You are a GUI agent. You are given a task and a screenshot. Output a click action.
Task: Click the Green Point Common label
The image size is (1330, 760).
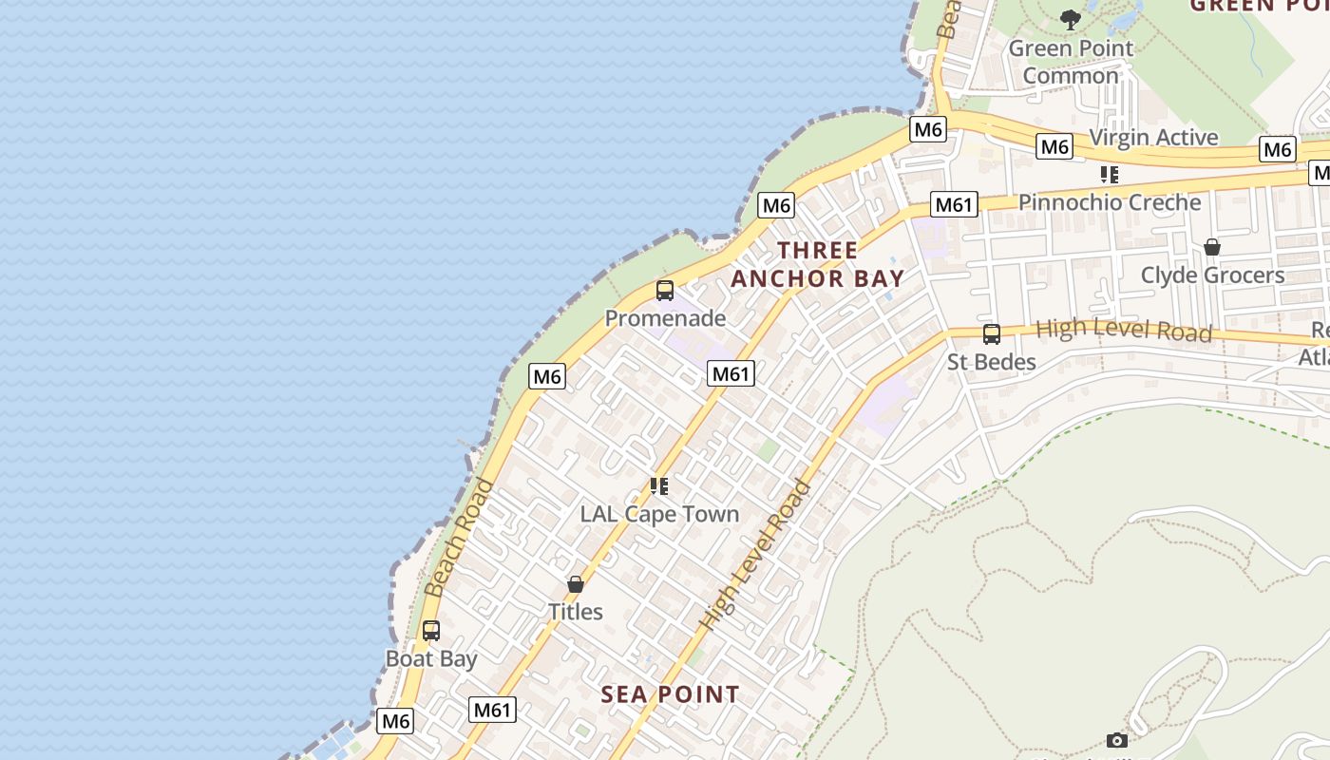coord(1071,62)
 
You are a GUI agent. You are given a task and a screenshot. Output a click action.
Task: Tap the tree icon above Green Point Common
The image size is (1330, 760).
coord(1071,19)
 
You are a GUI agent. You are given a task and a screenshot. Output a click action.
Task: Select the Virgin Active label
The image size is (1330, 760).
coord(1153,138)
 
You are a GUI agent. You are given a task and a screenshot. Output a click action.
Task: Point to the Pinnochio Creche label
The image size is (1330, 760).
coord(1110,202)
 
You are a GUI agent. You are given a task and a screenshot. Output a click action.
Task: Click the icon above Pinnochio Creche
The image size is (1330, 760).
coord(1110,175)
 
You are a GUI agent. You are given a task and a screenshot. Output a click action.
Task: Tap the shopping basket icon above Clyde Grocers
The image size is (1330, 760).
coord(1212,247)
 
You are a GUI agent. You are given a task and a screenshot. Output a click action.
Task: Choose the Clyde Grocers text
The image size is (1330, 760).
coord(1212,275)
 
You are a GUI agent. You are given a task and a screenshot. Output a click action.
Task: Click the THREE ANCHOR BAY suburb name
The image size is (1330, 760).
coord(818,265)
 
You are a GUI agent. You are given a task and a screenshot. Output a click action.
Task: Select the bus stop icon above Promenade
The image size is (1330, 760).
coord(665,291)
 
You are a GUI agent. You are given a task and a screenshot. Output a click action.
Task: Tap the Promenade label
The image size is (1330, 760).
coord(665,318)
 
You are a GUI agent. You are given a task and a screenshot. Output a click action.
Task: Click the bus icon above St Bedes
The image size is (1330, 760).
coord(992,334)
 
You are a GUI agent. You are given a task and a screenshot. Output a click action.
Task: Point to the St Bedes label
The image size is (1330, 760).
coord(992,362)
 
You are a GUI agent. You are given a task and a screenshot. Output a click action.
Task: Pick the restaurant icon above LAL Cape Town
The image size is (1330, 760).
coord(659,486)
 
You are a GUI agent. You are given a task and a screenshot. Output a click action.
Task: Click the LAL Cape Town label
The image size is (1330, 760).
coord(659,514)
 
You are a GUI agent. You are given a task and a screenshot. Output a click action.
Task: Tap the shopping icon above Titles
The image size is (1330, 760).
coord(576,584)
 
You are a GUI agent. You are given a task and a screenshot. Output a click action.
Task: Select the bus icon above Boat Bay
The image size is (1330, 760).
coord(431,631)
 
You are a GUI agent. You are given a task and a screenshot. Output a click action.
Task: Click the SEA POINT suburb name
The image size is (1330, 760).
coord(670,694)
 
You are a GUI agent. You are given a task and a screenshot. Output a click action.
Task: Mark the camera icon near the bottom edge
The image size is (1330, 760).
coord(1117,740)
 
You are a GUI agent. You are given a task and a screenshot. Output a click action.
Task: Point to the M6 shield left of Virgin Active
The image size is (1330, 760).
coord(1054,146)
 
